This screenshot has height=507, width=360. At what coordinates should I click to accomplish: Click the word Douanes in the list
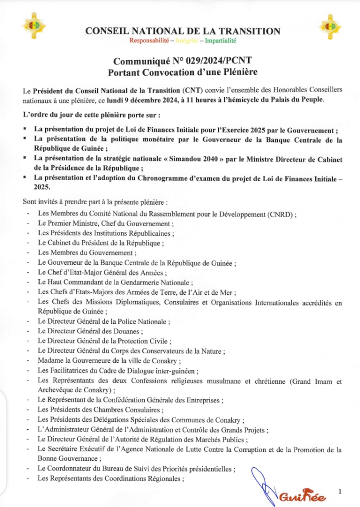tap(141, 331)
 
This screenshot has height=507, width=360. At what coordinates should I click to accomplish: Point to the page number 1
tap(340, 490)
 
